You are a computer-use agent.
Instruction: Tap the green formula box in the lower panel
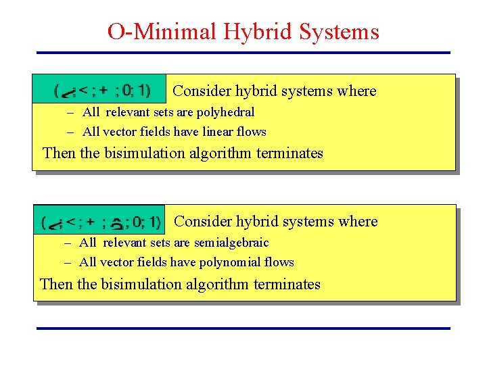click(99, 220)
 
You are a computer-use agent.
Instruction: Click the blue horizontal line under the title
click(243, 53)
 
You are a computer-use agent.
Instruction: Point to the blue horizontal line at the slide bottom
click(243, 328)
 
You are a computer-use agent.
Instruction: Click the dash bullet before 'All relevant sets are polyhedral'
click(70, 113)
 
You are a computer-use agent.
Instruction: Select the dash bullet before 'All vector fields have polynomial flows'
click(68, 263)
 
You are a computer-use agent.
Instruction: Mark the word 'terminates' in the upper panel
click(292, 153)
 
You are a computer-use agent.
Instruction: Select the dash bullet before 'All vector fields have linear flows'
click(70, 132)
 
